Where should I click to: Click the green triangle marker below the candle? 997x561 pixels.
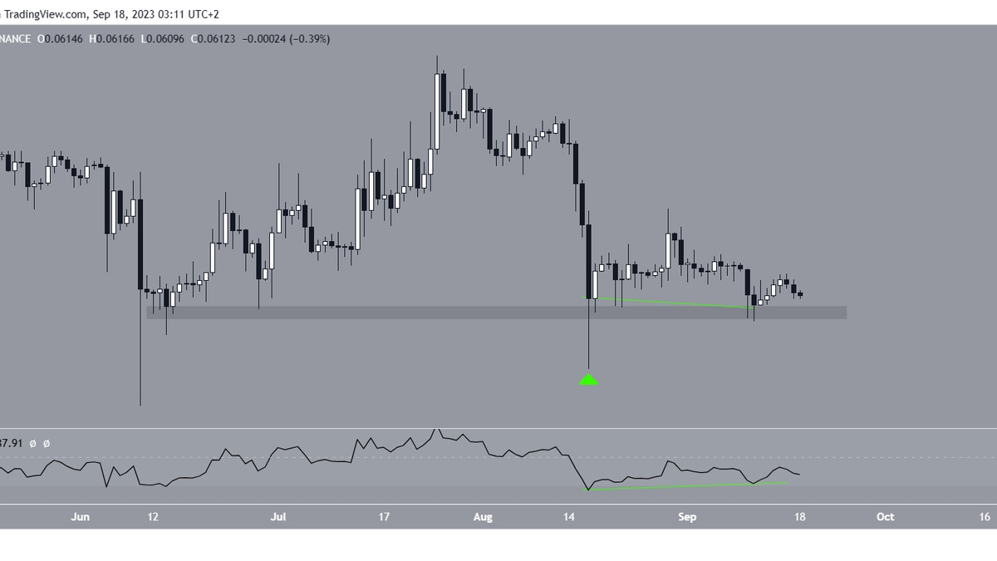click(x=588, y=380)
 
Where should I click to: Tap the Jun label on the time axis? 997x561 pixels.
click(x=80, y=517)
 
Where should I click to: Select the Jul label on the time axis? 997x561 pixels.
click(x=278, y=517)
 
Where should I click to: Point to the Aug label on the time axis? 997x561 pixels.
click(x=482, y=517)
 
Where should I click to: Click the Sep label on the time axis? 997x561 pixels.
click(x=686, y=517)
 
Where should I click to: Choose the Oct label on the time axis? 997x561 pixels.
click(x=886, y=517)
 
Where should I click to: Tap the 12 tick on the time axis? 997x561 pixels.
click(x=152, y=517)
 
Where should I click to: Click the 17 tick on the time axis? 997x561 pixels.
click(x=383, y=517)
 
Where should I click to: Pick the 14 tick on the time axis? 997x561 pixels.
click(x=569, y=517)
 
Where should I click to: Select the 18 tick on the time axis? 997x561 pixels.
click(x=801, y=517)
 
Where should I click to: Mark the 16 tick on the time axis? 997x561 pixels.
click(x=985, y=517)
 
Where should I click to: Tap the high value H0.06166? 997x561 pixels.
click(x=114, y=39)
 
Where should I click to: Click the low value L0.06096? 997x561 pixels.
click(x=164, y=39)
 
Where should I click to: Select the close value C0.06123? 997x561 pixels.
click(x=213, y=39)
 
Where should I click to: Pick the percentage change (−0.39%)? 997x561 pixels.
click(x=308, y=39)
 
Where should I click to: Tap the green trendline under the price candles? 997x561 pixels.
click(x=673, y=303)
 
